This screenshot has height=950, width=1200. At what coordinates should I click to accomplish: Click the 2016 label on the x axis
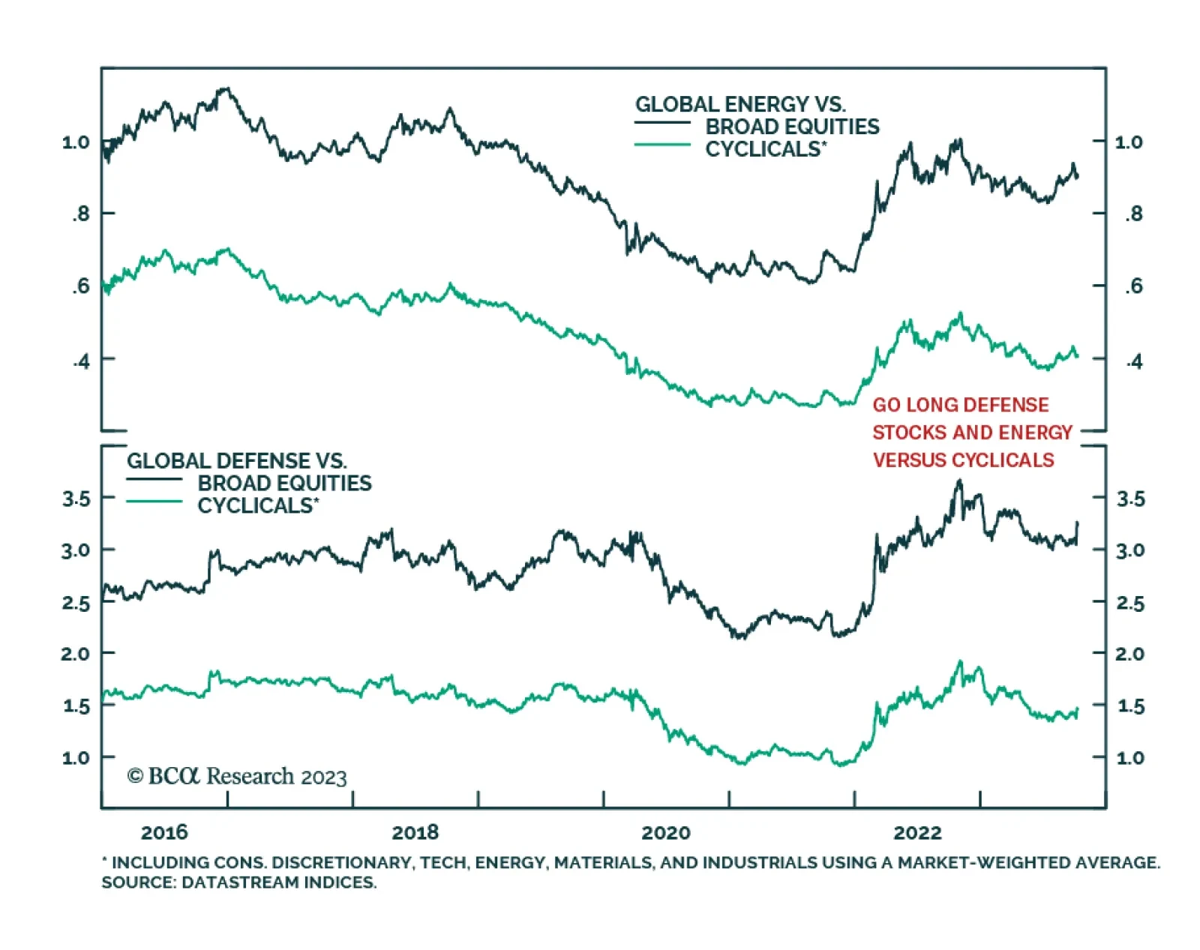pyautogui.click(x=164, y=832)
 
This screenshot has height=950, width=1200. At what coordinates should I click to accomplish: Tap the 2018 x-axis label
pyautogui.click(x=415, y=832)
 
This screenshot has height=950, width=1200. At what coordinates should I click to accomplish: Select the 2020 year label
pyautogui.click(x=666, y=832)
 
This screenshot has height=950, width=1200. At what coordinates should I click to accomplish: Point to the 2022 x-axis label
pyautogui.click(x=917, y=832)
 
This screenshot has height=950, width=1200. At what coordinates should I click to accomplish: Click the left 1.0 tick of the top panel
pyautogui.click(x=76, y=142)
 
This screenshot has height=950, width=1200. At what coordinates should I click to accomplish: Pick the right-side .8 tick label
pyautogui.click(x=1133, y=214)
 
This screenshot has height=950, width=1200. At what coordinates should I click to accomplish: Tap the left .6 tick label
pyautogui.click(x=80, y=286)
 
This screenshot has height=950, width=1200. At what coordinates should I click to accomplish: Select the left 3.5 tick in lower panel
pyautogui.click(x=76, y=499)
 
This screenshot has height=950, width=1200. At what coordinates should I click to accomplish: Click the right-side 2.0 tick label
pyautogui.click(x=1130, y=654)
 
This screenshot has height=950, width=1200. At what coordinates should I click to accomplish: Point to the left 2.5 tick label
pyautogui.click(x=76, y=603)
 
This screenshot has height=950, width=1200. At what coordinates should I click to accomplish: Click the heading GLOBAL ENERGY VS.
pyautogui.click(x=740, y=104)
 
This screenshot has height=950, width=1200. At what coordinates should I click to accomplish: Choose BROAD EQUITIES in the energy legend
pyautogui.click(x=792, y=127)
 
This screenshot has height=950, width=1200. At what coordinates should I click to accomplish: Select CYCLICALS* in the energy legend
pyautogui.click(x=765, y=149)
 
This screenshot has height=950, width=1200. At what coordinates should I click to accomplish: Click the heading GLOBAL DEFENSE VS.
pyautogui.click(x=236, y=460)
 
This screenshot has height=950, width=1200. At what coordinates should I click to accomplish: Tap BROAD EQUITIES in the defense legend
pyautogui.click(x=284, y=483)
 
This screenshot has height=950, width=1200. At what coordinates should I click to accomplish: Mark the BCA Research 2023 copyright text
pyautogui.click(x=237, y=776)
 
